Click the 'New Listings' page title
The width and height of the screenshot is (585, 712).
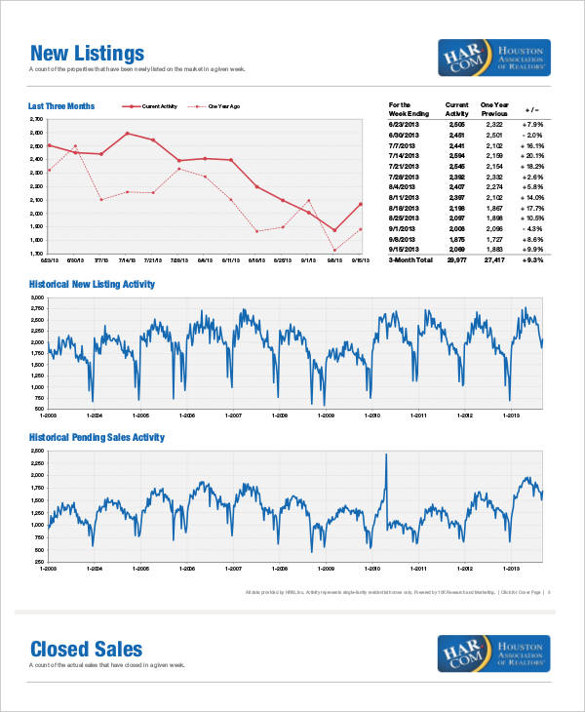[x=87, y=53]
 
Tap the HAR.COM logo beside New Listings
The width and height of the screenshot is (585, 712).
[x=494, y=58]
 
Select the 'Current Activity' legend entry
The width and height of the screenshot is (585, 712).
[x=156, y=105]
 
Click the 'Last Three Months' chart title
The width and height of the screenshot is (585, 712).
[x=60, y=105]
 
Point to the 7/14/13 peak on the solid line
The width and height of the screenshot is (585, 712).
[x=127, y=133]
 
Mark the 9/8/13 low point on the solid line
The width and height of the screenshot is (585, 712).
[x=334, y=231]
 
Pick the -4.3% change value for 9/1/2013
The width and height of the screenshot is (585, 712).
[x=531, y=227]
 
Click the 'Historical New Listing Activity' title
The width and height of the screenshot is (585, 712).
[x=92, y=284]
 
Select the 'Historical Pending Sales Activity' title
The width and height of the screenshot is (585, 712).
[x=97, y=438]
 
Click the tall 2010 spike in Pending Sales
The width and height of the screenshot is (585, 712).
[x=386, y=456]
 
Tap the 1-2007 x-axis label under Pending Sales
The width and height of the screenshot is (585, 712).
[x=234, y=569]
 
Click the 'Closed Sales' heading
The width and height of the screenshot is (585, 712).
[x=86, y=649]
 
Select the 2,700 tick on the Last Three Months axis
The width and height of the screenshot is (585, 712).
[x=37, y=119]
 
